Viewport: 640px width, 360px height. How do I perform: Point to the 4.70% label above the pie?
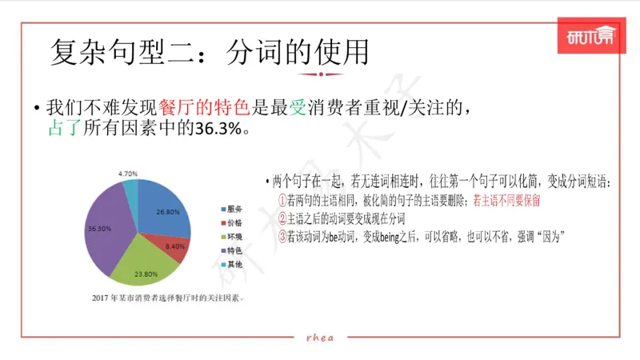(129, 174)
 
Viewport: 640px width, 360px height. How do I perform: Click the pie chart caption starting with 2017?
(167, 298)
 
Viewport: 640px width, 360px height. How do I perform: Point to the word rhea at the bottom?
(320, 338)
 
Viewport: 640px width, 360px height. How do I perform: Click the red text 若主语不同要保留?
(506, 201)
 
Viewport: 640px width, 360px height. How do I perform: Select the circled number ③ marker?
(282, 236)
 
